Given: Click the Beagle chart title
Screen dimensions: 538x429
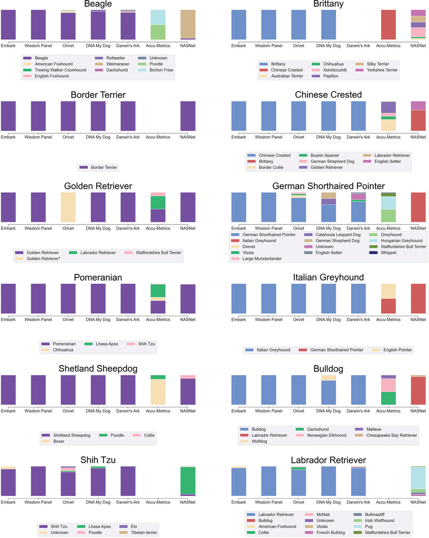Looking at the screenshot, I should click(107, 5).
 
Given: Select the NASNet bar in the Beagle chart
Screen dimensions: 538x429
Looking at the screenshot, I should click(188, 24).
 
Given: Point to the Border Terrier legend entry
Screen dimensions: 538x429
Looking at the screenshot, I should click(99, 168).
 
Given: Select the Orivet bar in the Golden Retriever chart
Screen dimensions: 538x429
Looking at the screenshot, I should click(68, 207).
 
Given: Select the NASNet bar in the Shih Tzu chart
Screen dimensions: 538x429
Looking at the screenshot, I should click(188, 481).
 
